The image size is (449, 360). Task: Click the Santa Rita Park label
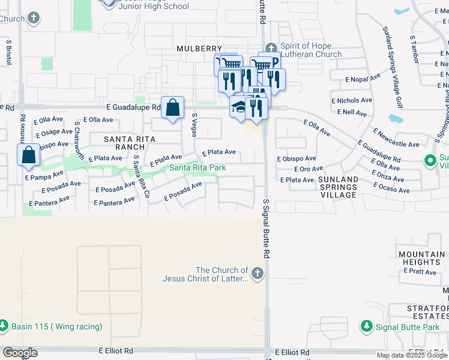click(x=197, y=168)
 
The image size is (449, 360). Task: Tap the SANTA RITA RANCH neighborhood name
click(x=130, y=143)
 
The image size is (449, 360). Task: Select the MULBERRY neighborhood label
click(x=199, y=49)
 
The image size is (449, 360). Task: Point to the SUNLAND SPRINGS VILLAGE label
click(x=339, y=187)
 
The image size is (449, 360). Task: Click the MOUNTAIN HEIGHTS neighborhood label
click(x=422, y=259)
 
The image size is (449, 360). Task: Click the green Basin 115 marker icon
click(x=4, y=327)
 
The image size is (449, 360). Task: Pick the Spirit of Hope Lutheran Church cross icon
click(x=271, y=47)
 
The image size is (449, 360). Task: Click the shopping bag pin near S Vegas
click(x=172, y=108)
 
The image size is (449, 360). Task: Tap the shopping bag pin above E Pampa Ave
click(x=29, y=155)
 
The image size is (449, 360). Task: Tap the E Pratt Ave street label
click(x=421, y=271)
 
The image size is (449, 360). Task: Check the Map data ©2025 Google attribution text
click(x=412, y=355)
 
